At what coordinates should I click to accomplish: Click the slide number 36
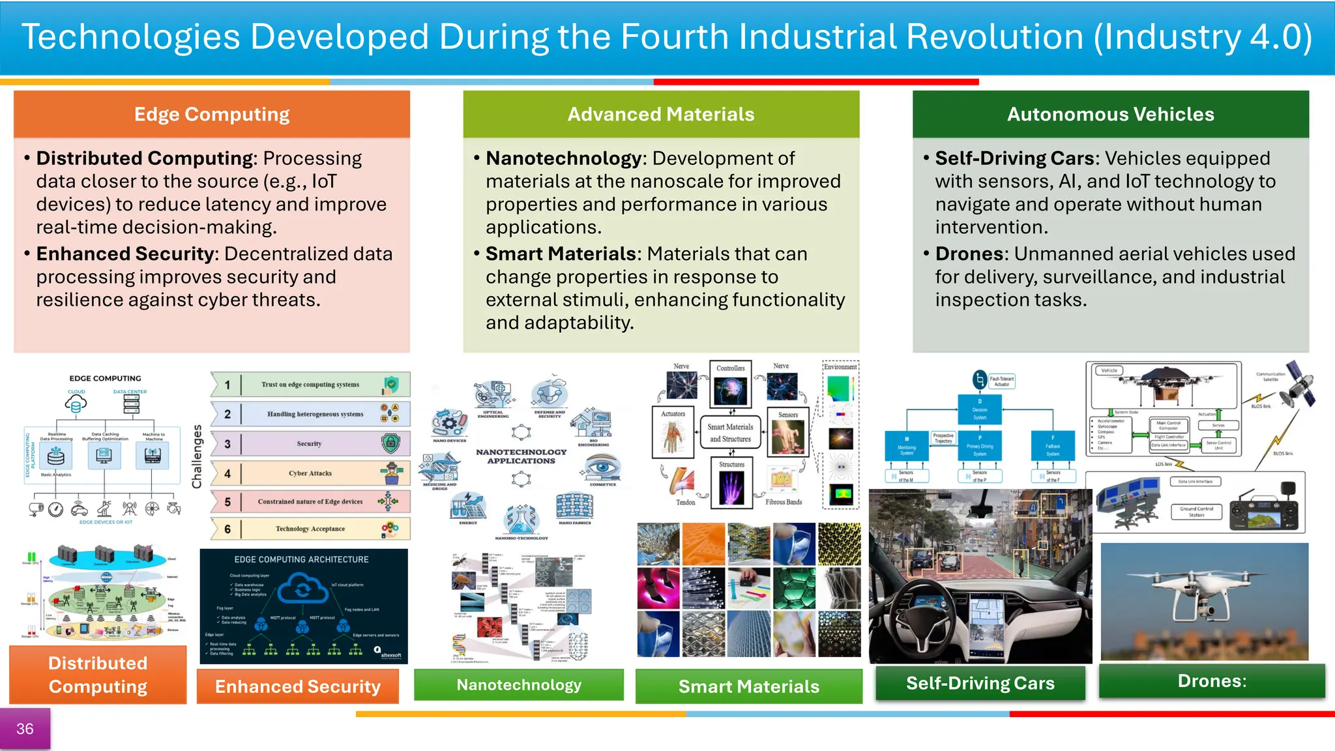coord(25,728)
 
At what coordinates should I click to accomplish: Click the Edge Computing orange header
coord(212,114)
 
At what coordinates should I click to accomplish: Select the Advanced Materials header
coord(661,114)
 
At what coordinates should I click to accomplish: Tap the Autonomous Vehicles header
coord(1110,114)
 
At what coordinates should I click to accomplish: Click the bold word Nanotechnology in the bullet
coord(564,158)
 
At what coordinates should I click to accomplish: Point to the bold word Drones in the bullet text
coord(971,254)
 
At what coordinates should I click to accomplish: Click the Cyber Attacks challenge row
coord(311,473)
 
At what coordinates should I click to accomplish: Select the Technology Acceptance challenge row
coord(311,529)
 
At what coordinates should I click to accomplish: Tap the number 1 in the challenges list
coord(227,385)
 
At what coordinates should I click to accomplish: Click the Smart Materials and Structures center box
coord(730,433)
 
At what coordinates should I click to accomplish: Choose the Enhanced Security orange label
coord(298,686)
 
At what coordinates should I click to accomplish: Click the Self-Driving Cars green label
coord(980,683)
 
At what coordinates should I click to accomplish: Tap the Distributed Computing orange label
coord(98,675)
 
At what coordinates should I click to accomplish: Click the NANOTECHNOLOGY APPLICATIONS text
coord(521,456)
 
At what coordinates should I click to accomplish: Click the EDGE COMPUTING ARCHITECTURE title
coord(301,559)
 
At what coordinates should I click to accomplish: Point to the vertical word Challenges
coord(197,456)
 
